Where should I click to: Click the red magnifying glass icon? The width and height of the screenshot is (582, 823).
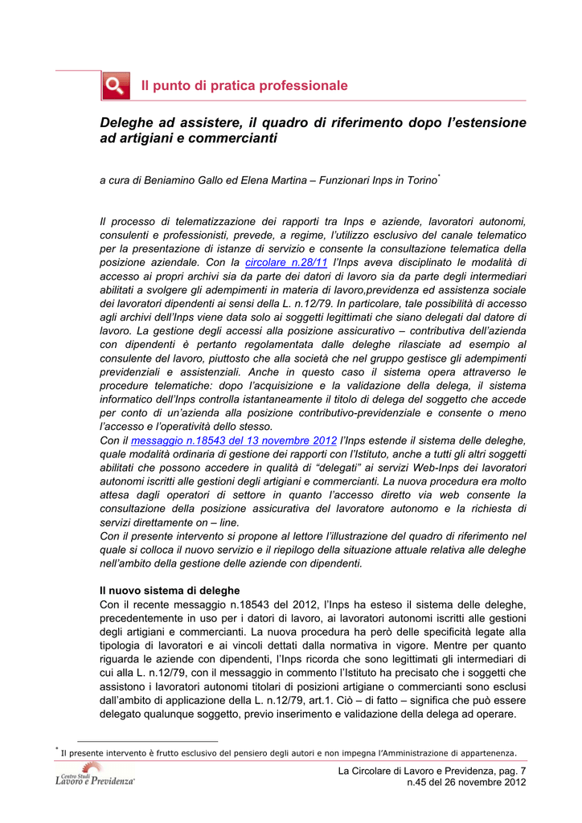(x=116, y=85)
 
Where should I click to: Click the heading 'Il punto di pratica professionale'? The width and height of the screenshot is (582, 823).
(x=244, y=85)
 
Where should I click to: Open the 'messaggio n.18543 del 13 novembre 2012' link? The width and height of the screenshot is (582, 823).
(x=233, y=440)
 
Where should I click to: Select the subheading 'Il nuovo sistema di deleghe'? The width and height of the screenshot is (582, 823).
(x=170, y=591)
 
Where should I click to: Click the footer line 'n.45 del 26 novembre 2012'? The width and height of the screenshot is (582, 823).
(x=467, y=784)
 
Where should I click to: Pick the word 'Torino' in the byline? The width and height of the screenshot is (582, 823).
(x=419, y=182)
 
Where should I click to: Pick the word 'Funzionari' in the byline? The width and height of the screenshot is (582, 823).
(x=349, y=182)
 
